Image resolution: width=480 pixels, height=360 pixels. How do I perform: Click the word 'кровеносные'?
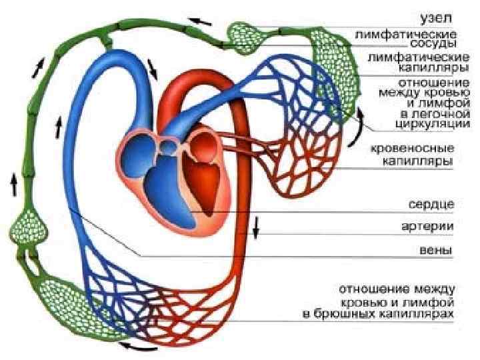[x=413, y=147]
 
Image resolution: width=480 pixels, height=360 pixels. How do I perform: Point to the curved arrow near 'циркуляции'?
[x=361, y=121]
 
